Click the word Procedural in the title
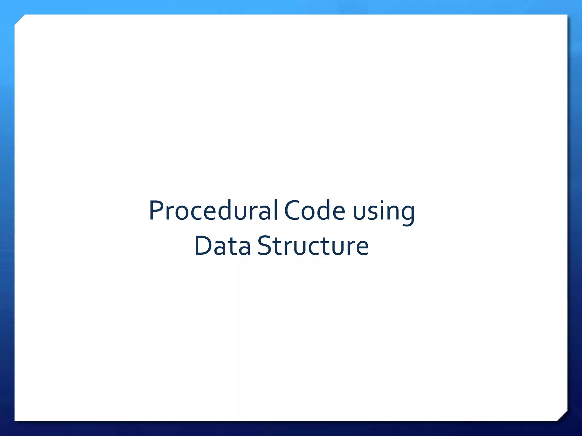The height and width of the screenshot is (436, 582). point(213,211)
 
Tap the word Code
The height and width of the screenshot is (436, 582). point(315,211)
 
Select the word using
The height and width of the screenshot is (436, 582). point(384,211)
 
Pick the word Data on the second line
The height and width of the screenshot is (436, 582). point(223,246)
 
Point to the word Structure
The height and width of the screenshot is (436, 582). point(313,246)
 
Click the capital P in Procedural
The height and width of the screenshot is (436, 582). point(156,211)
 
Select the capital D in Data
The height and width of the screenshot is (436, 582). point(203,246)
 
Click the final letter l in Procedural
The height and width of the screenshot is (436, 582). point(276,210)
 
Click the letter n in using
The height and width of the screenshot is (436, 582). point(394,213)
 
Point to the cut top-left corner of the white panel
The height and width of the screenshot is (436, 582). point(20,20)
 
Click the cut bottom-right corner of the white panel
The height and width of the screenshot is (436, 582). point(562,416)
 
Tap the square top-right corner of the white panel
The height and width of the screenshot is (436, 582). point(567,15)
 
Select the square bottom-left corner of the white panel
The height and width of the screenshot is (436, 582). point(15,420)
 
